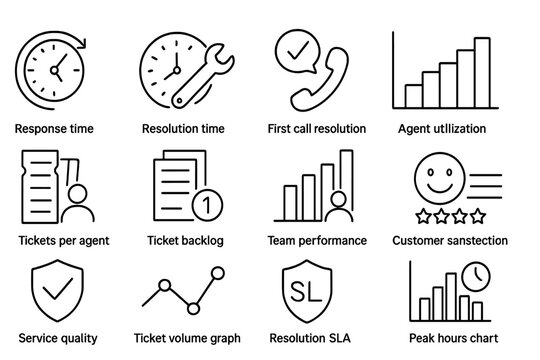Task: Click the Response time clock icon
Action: tap(51, 69)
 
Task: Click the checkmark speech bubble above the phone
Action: tap(295, 50)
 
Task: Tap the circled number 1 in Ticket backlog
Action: tap(206, 204)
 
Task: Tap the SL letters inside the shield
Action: tap(304, 292)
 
